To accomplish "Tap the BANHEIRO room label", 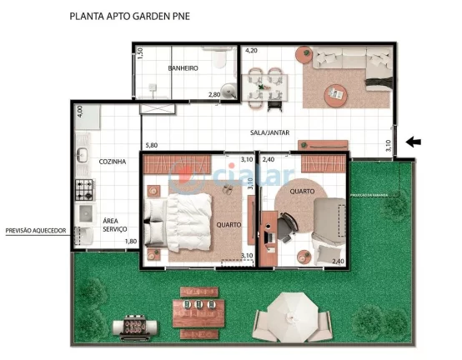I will (x=183, y=67).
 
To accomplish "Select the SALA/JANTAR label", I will (x=269, y=132).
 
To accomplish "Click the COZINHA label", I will (x=113, y=161).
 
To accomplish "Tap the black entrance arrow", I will (x=413, y=142).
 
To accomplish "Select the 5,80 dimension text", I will (x=150, y=147).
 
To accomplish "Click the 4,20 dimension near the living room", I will (x=250, y=50).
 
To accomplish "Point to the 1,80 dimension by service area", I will (x=130, y=242).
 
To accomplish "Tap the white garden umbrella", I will (x=298, y=315).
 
